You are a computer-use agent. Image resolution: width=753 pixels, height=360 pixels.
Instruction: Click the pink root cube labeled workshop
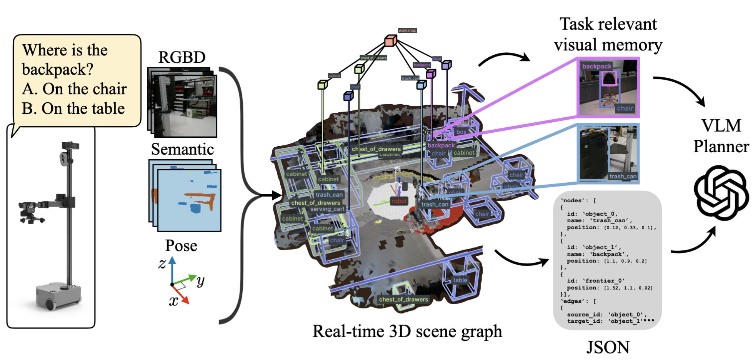point(390,40)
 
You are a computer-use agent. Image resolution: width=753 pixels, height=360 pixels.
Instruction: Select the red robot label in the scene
point(399,201)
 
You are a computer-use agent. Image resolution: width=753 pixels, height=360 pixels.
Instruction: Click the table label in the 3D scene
point(460,280)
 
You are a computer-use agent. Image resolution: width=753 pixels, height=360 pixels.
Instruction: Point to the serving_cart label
point(327,209)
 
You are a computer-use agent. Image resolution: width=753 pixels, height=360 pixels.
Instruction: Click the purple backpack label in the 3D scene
point(441,145)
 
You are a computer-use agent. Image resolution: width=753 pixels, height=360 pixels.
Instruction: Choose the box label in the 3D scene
point(461,132)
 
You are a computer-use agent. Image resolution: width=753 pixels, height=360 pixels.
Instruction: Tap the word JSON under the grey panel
point(608,347)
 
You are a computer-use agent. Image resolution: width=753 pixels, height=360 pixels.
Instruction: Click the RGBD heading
point(182,57)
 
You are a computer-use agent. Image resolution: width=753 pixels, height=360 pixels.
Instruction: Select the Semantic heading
point(182,149)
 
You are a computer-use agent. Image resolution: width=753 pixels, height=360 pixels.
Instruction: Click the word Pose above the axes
point(181,246)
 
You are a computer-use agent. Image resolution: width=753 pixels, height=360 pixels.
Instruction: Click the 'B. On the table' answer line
point(73,108)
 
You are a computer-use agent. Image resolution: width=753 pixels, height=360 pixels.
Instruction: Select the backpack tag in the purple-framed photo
point(596,66)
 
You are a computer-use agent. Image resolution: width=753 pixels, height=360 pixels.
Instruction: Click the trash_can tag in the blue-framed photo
point(623,176)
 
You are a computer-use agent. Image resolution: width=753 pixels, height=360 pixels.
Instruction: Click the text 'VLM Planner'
point(721,136)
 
